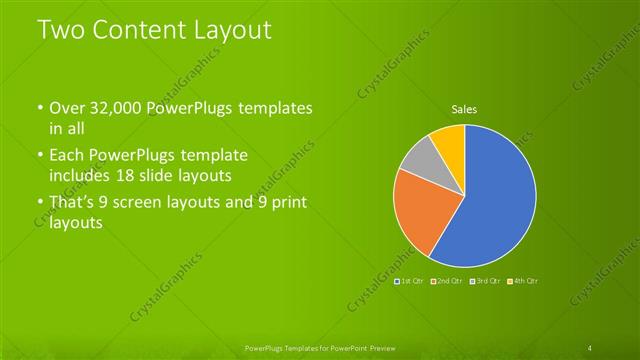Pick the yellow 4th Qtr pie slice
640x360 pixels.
tap(448, 140)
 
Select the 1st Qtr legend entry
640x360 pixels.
tap(410, 281)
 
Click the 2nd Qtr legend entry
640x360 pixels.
tap(448, 281)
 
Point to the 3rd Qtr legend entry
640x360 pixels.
tap(487, 281)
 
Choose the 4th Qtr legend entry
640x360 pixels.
tap(524, 281)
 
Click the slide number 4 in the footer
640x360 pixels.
tap(591, 347)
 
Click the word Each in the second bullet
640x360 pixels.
tap(67, 156)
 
